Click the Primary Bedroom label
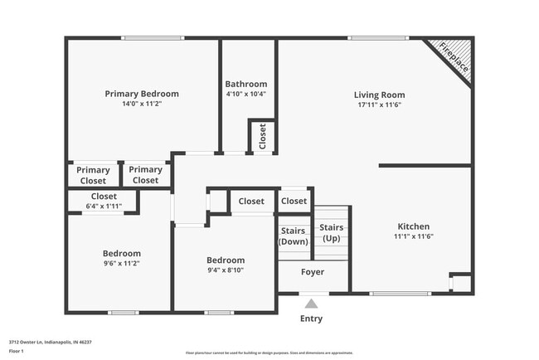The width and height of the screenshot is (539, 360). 141,94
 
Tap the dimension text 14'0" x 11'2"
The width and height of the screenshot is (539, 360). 141,105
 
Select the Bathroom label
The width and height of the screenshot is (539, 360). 246,84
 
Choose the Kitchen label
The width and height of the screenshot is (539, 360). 413,226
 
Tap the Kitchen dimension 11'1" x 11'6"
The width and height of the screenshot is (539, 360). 413,236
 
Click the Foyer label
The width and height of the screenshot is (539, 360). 312,272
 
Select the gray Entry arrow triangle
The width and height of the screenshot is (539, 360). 311,304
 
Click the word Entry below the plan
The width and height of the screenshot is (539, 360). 311,319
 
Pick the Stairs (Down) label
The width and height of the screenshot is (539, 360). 294,236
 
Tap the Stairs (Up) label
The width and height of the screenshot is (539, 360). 331,233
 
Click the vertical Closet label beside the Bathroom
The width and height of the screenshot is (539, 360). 263,135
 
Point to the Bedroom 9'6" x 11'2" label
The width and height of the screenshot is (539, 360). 121,253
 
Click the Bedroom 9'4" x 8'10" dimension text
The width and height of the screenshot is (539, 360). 225,270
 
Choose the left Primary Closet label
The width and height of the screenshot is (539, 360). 93,175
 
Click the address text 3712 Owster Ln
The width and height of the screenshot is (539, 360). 50,341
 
